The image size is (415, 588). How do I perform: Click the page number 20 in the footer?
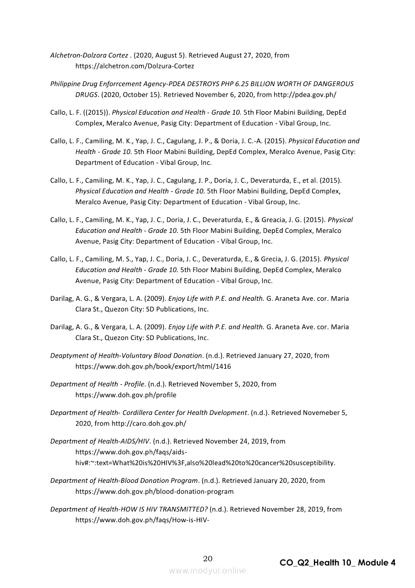click(x=207, y=559)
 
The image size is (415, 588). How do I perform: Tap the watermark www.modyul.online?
click(x=207, y=571)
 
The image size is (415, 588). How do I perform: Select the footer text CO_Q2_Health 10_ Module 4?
click(x=338, y=563)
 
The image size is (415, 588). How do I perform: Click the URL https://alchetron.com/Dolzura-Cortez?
click(x=135, y=66)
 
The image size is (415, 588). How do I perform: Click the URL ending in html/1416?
click(x=153, y=366)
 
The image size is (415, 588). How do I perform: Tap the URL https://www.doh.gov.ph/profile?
click(x=126, y=395)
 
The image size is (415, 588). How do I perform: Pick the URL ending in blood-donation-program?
click(x=154, y=491)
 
